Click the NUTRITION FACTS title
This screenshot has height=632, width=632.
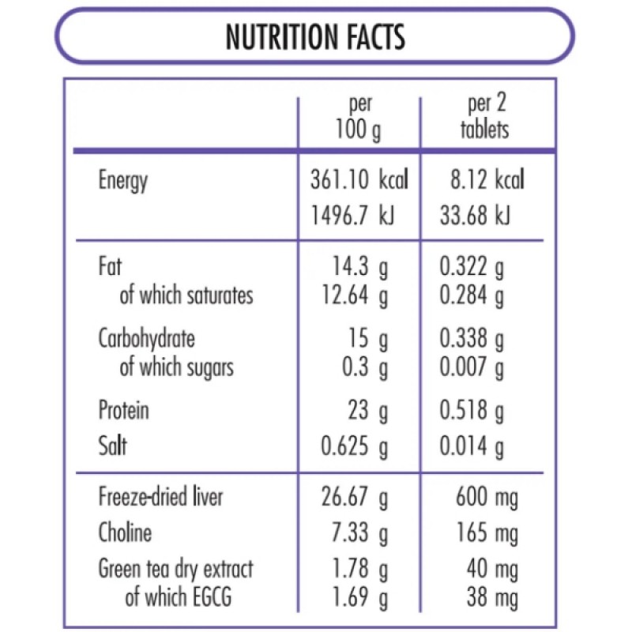click(315, 36)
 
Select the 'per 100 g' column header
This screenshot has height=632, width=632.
click(359, 117)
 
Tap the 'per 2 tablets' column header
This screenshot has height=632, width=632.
click(485, 117)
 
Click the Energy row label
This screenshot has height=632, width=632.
click(122, 181)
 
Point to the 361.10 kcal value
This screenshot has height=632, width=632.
click(359, 181)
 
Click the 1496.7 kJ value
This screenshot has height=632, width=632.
click(353, 216)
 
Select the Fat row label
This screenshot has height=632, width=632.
click(110, 266)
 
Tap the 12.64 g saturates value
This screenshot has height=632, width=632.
click(355, 295)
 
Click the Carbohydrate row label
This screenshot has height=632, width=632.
click(146, 339)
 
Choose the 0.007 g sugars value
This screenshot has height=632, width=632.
click(472, 367)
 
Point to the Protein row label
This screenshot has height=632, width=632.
click(123, 411)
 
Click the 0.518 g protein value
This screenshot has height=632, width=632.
click(472, 411)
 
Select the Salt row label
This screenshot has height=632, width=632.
click(112, 446)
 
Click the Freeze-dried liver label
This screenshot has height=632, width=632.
click(160, 497)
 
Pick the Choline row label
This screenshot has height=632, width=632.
click(125, 532)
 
